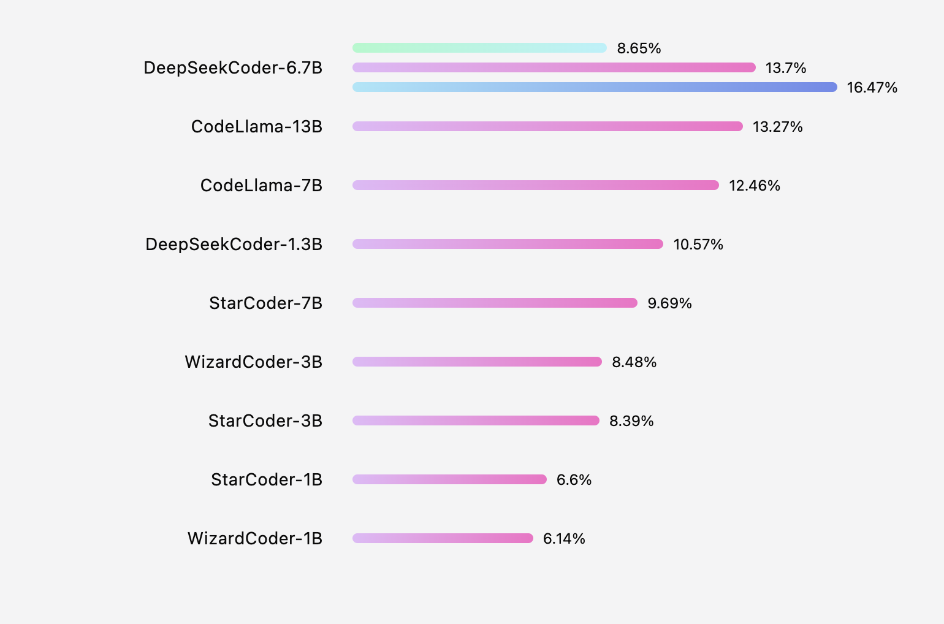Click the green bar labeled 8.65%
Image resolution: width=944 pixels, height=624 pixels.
[479, 48]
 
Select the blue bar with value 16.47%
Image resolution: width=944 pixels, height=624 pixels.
[595, 87]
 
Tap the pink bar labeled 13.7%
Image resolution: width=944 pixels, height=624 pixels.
[554, 67]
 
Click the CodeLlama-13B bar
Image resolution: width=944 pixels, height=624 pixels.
[547, 126]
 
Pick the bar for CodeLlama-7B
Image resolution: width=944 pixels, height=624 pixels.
[535, 185]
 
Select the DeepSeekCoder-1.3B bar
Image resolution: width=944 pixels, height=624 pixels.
[508, 244]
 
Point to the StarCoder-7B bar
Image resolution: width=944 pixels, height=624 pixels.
[495, 303]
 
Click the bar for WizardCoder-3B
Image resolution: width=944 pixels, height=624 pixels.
[477, 362]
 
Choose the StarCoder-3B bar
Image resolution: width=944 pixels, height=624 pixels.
[476, 420]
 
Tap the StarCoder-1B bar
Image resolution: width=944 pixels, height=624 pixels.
[449, 479]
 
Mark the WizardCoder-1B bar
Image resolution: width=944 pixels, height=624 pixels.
[443, 538]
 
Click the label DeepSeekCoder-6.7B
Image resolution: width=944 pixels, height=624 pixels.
[233, 67]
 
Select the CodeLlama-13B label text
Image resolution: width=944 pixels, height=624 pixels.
[257, 126]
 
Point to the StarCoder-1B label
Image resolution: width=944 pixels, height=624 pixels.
[267, 479]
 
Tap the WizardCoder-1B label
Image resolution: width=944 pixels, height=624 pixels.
[255, 538]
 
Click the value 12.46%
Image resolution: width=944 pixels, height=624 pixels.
[755, 185]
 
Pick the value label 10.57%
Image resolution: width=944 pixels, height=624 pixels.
[698, 244]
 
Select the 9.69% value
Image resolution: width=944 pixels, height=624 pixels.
[669, 303]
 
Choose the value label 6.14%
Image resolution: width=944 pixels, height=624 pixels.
[564, 538]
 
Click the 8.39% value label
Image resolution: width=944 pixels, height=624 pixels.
[631, 420]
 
